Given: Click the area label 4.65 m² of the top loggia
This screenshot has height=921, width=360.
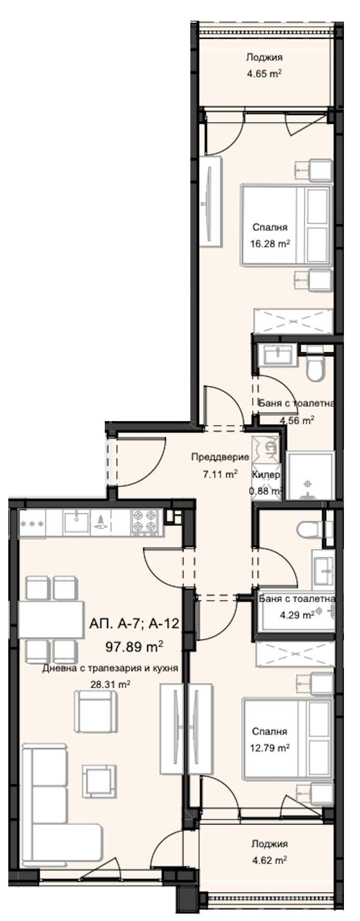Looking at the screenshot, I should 264,74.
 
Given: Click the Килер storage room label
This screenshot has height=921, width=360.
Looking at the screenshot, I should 266,475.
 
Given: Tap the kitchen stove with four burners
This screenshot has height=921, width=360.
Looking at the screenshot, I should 145,521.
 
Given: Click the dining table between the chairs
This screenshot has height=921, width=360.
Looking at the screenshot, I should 51,620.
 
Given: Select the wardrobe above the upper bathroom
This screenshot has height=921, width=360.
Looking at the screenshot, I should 292,321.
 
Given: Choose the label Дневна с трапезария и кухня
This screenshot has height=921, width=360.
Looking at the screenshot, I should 110,668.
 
